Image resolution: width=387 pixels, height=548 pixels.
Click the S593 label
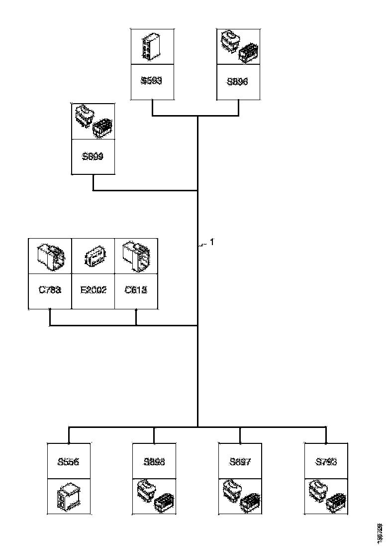click(152, 81)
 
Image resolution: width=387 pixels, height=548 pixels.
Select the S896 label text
click(237, 81)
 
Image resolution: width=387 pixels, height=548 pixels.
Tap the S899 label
click(93, 156)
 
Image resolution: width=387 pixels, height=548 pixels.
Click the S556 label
click(68, 462)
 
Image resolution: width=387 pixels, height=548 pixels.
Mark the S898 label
click(154, 462)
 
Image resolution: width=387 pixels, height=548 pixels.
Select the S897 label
click(240, 462)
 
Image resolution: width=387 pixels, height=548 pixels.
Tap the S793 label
click(326, 462)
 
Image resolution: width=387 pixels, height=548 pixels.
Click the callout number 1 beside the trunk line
click(211, 243)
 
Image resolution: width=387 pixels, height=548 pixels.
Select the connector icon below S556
click(68, 497)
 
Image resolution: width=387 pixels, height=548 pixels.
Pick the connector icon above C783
click(50, 256)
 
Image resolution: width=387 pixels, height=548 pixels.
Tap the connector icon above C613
click(136, 256)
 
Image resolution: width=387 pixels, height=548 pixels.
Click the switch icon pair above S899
click(94, 121)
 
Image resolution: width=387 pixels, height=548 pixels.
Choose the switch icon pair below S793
click(326, 497)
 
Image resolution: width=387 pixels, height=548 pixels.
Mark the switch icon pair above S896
click(238, 46)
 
